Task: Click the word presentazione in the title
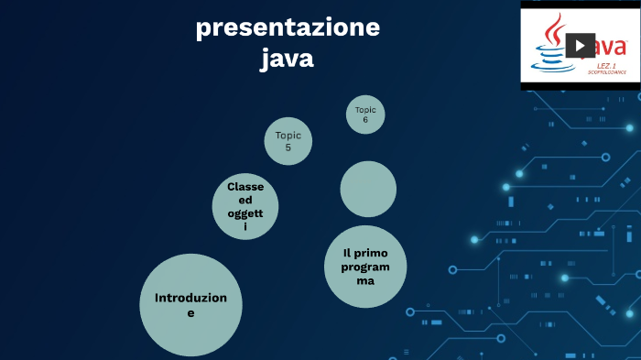pyautogui.click(x=288, y=28)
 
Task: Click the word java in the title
pyautogui.click(x=287, y=59)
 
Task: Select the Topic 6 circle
pyautogui.click(x=365, y=115)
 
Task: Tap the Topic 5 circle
pyautogui.click(x=288, y=141)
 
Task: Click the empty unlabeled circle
pyautogui.click(x=368, y=189)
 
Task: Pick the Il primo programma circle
pyautogui.click(x=365, y=267)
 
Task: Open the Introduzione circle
pyautogui.click(x=190, y=305)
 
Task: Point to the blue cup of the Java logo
pyautogui.click(x=552, y=58)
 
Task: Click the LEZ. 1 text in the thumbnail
pyautogui.click(x=605, y=67)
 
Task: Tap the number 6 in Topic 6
pyautogui.click(x=365, y=120)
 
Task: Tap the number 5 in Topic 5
pyautogui.click(x=288, y=147)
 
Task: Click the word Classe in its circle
pyautogui.click(x=245, y=187)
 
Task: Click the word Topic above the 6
pyautogui.click(x=365, y=110)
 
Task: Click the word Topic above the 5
pyautogui.click(x=288, y=136)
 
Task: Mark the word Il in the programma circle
pyautogui.click(x=348, y=253)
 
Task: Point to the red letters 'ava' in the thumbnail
pyautogui.click(x=611, y=45)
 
